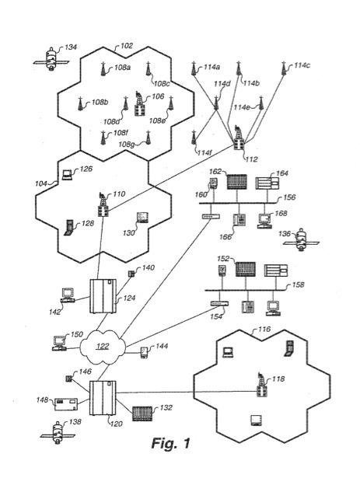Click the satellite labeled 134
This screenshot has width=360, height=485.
[51, 59]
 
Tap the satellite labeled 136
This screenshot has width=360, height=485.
[301, 239]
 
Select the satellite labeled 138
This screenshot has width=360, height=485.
[58, 432]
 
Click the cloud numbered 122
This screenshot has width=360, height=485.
[103, 347]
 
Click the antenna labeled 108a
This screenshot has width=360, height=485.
[103, 69]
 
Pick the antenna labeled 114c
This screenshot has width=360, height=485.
[283, 68]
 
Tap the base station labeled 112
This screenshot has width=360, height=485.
[239, 138]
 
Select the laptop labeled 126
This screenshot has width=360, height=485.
[67, 175]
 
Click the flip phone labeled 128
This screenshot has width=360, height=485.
[68, 228]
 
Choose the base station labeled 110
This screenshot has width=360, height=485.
[103, 204]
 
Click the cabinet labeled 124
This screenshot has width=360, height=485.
[103, 296]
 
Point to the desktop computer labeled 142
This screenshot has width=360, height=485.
[67, 295]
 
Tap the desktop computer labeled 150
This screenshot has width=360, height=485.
[59, 343]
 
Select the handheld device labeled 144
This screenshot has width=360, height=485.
[144, 353]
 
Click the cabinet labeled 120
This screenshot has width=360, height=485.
[103, 398]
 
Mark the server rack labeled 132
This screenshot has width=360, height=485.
[142, 413]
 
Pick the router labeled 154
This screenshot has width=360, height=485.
[219, 304]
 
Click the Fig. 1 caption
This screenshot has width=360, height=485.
[170, 443]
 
